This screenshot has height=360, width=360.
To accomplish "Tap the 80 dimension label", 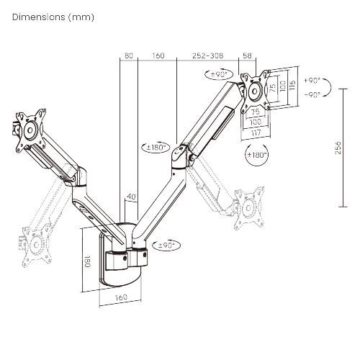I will [128, 55].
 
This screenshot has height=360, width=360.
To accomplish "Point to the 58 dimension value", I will [247, 55].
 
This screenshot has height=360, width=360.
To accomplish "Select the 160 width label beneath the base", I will [120, 297].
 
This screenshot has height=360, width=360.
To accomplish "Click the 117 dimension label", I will [257, 132].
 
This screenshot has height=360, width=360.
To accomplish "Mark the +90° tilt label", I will [312, 81].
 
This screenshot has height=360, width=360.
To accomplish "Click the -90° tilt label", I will [312, 94].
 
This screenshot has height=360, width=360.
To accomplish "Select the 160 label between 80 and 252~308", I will [158, 55].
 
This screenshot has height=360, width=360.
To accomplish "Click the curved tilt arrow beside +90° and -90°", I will [329, 89].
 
